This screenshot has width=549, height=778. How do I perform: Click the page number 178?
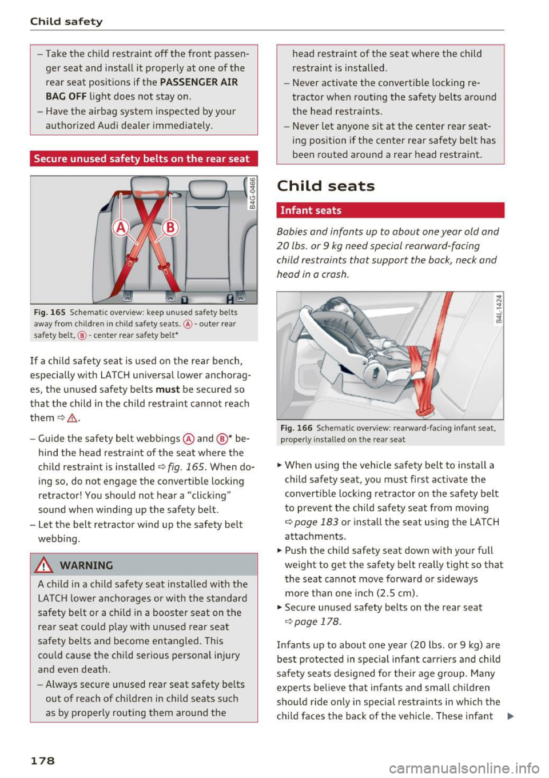[x=42, y=760]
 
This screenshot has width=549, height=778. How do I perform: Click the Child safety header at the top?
[x=66, y=22]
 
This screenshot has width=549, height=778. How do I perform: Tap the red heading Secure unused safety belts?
[x=142, y=159]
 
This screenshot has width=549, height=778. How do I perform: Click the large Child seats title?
[x=325, y=186]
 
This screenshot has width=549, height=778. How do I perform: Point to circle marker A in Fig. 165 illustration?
[x=121, y=228]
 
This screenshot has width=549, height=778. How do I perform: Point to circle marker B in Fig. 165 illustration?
[x=170, y=228]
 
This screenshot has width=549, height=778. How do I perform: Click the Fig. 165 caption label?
[x=50, y=313]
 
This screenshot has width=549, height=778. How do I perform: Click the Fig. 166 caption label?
[x=296, y=428]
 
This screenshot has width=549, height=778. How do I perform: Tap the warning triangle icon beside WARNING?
[x=45, y=565]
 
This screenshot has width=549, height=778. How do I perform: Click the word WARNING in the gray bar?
[x=86, y=565]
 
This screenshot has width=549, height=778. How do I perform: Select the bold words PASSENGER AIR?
[x=198, y=82]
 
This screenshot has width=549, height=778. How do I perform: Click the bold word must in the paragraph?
[x=168, y=389]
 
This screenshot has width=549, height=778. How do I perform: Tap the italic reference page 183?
[x=316, y=522]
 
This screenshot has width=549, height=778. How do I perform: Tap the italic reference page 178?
[x=317, y=621]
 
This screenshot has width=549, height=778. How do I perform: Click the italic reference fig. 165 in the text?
[x=186, y=467]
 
